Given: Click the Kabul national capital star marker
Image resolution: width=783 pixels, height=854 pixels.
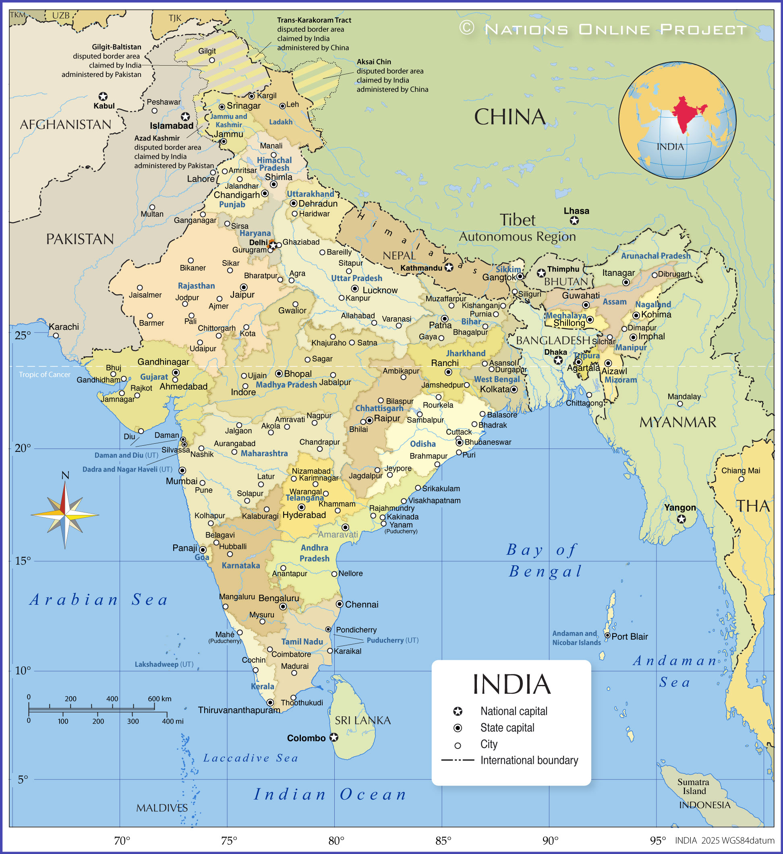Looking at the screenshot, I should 103,97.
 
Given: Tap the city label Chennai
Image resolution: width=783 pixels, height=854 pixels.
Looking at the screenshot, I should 361,604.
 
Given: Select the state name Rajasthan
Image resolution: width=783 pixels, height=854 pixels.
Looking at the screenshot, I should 196,286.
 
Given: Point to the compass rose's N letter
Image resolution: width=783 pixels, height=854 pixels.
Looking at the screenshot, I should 65,475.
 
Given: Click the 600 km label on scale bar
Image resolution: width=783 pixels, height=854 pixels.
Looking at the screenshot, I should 159,699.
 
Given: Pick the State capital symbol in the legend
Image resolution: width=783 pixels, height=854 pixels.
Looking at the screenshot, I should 458,728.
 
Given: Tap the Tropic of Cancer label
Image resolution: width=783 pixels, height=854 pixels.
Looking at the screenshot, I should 44,374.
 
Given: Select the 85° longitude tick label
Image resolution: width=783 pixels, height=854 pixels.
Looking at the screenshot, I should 443,840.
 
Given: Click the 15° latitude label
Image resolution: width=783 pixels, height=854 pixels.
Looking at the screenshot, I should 23,561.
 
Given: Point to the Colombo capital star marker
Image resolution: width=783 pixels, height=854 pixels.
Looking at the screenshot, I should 334,738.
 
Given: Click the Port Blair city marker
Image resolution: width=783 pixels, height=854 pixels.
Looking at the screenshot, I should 607,635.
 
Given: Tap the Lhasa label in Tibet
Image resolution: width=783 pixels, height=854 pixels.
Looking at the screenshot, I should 576,211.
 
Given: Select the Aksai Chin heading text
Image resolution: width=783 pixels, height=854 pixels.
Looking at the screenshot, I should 374,62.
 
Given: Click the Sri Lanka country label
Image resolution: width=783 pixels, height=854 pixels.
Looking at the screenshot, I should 362,720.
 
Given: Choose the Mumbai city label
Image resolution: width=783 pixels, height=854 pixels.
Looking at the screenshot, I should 181,481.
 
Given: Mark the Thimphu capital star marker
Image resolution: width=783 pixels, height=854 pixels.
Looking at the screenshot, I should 541,273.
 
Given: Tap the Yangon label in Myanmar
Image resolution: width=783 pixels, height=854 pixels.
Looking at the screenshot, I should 679,507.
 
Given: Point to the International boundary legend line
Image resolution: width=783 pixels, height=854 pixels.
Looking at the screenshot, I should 458,760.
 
